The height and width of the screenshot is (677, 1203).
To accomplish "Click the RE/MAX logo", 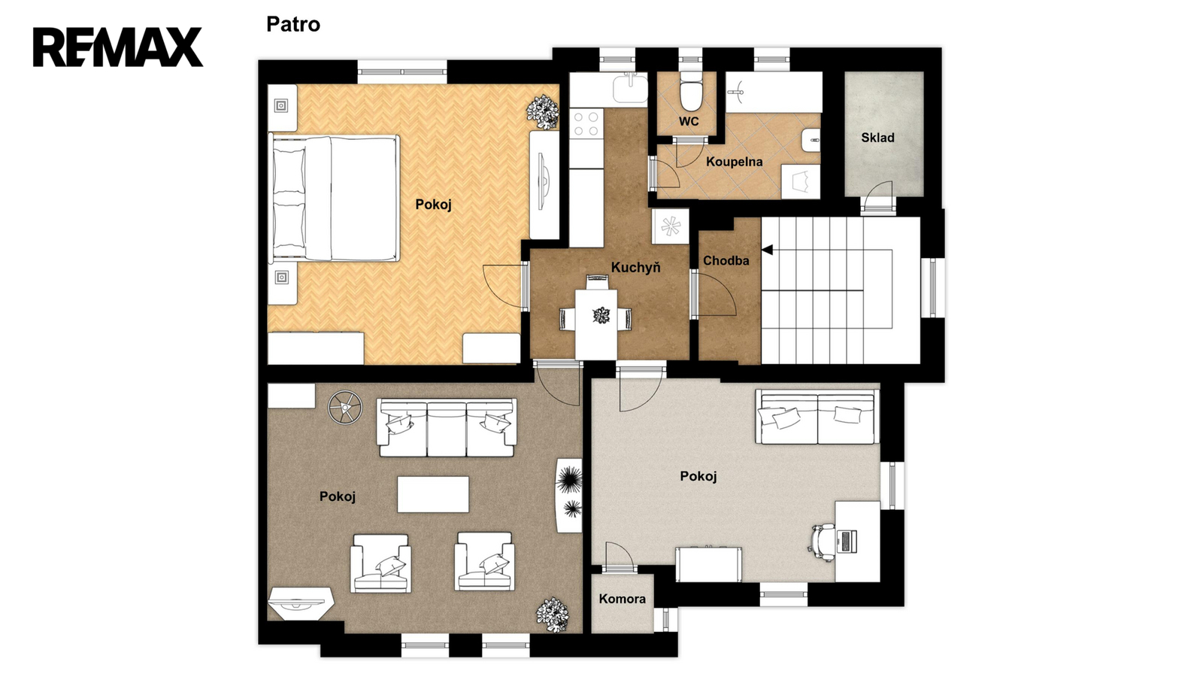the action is pos(118,47).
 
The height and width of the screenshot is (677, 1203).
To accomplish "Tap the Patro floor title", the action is pos(293,24).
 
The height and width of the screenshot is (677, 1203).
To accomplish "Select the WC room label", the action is pos(689,121).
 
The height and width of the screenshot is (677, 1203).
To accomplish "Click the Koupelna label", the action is pos(734,162).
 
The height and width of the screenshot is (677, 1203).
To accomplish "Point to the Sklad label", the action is pos(877,138).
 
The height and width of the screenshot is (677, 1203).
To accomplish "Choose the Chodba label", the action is pos(726,260).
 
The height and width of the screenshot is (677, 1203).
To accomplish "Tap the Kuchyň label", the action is pos(636,267).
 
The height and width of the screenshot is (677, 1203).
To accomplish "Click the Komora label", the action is pos(622,599).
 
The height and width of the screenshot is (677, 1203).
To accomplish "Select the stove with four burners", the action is pos(586,123).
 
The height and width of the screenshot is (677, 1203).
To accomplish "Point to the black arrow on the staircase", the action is pos(768,250).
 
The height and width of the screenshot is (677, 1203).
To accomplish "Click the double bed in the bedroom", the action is pos(334,199).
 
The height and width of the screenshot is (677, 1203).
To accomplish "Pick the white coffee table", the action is pos(433,494).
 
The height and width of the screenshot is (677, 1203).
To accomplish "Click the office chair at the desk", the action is pos(822,542).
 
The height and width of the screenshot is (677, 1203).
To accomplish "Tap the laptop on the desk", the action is pos(847,541).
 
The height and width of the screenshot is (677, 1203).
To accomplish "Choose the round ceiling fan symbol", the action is pos(345,408).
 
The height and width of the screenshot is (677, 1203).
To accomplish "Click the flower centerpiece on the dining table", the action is pos(601,315).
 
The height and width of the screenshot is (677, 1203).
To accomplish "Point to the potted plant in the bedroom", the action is pos(542,112).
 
